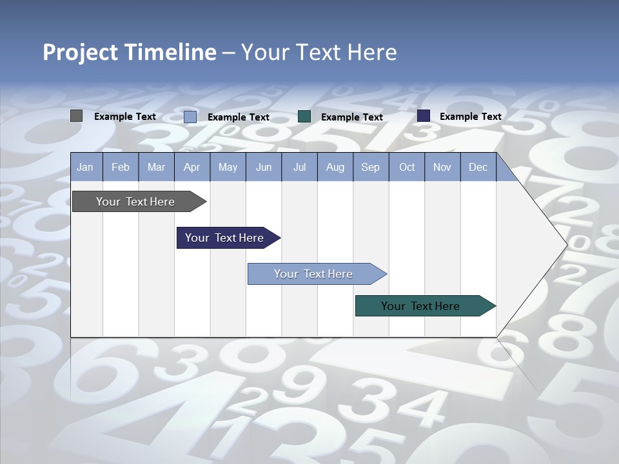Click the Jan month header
click(86, 167)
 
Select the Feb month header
click(121, 167)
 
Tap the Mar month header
click(156, 167)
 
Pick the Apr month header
click(192, 167)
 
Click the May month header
click(228, 167)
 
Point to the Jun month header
click(264, 167)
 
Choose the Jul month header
click(299, 167)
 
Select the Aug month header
click(335, 167)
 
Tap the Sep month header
click(371, 167)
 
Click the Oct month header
click(407, 167)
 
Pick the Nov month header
click(442, 167)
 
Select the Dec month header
click(478, 167)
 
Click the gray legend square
click(77, 116)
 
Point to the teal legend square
click(304, 117)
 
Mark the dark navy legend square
click(424, 116)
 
